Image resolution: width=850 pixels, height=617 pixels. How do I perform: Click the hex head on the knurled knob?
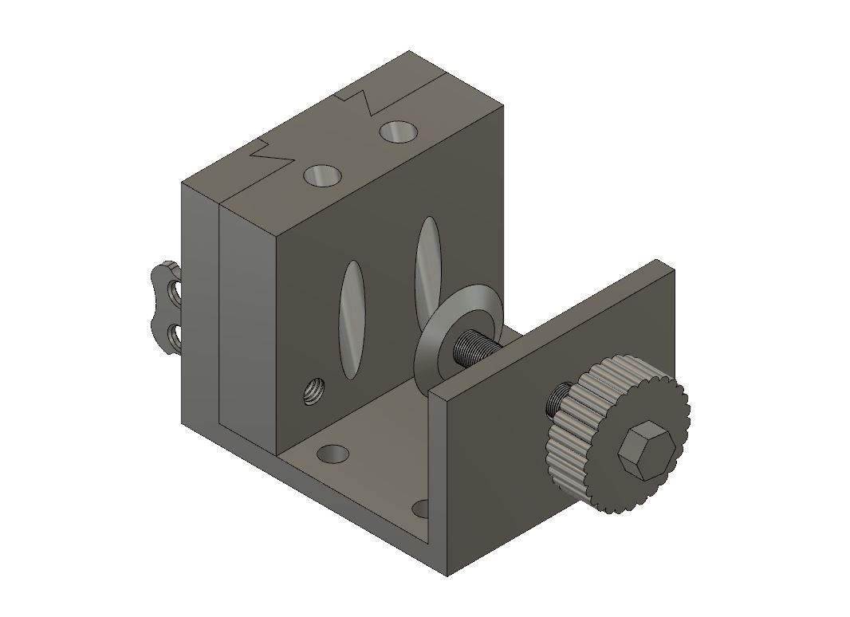tap(647, 451)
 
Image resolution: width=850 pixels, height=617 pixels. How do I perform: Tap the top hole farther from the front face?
tap(398, 130)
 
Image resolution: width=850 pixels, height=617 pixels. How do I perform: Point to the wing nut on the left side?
tap(167, 307)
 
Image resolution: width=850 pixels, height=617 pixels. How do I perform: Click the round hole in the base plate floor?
tap(333, 454)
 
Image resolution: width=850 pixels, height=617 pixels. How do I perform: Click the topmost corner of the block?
tap(409, 52)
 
